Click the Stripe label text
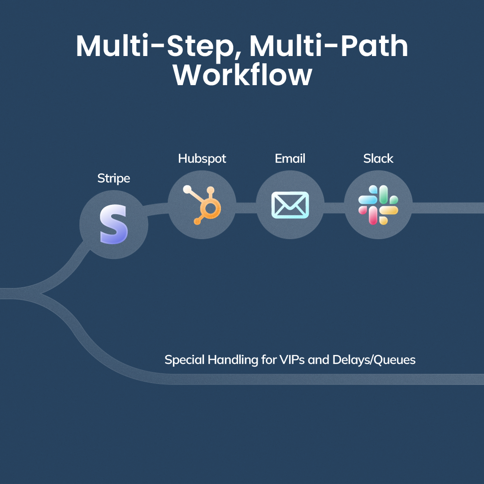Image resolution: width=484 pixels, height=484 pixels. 114,178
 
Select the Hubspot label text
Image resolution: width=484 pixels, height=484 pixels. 202,159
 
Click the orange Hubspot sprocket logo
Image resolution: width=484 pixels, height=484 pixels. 202,204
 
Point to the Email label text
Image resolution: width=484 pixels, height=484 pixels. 290,159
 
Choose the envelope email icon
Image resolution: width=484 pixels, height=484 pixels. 290,205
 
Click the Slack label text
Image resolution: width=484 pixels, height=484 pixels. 378,159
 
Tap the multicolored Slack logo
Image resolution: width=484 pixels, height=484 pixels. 378,205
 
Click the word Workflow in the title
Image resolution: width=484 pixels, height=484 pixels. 242,75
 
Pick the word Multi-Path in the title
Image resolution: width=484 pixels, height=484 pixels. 328,46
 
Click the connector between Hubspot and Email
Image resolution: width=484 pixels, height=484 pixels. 246,207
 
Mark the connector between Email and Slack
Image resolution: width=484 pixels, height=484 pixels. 334,207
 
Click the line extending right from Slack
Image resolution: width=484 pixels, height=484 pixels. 448,207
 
